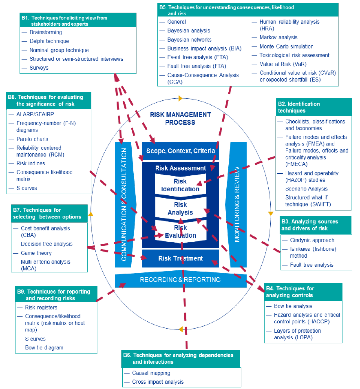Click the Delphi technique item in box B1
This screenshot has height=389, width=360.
pyautogui.click(x=49, y=41)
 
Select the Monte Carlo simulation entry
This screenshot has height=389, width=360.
pyautogui.click(x=286, y=46)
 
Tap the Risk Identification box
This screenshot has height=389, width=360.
pyautogui.click(x=180, y=185)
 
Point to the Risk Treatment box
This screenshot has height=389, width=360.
pyautogui.click(x=180, y=259)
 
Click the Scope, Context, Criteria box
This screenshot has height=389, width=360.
pyautogui.click(x=180, y=151)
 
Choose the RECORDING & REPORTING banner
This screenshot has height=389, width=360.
pyautogui.click(x=180, y=280)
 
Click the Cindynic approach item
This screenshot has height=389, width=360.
pyautogui.click(x=312, y=240)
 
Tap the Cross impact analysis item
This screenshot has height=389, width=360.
pyautogui.click(x=158, y=382)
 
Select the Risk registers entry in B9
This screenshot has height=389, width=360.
pyautogui.click(x=41, y=308)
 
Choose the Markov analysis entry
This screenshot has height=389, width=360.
pyautogui.click(x=278, y=38)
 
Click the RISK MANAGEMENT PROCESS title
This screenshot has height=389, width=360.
pyautogui.click(x=180, y=119)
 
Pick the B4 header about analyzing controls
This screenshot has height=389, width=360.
pyautogui.click(x=303, y=292)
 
